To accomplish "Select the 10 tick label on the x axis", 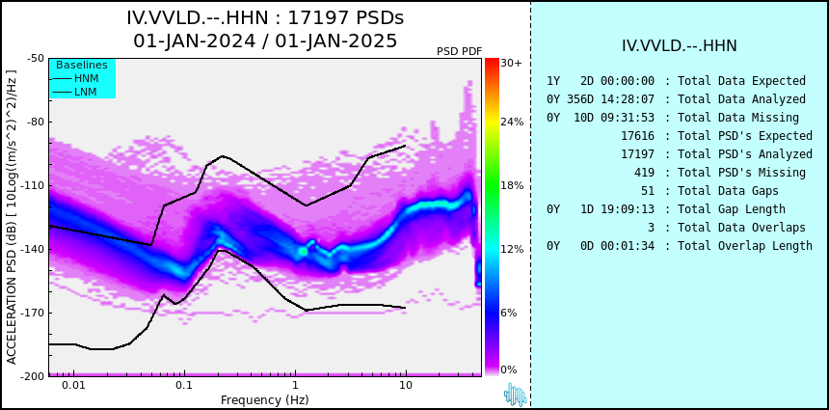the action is (x=406, y=385).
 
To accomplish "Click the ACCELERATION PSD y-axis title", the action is (x=12, y=217).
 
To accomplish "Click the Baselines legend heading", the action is (x=82, y=65).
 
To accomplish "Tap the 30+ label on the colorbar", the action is (x=511, y=63).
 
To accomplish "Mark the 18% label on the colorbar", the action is (x=512, y=185).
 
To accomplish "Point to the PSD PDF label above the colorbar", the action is (x=460, y=51).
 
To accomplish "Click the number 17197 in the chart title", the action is (x=318, y=18).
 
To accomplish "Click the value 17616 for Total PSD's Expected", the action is (x=637, y=136).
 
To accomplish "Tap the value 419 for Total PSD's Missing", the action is (x=644, y=173).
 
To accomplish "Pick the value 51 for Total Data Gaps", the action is (x=648, y=191).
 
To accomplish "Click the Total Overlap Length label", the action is (x=745, y=246).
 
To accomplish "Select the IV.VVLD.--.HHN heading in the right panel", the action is (x=680, y=46).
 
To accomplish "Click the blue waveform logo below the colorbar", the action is (x=516, y=395).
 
